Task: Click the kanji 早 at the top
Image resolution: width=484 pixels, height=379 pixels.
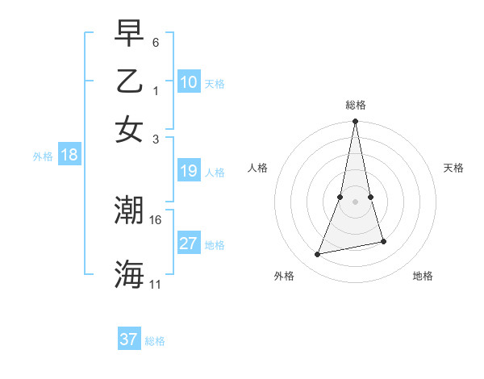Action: pos(130,34)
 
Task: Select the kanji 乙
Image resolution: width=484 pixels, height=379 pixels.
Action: pos(130,81)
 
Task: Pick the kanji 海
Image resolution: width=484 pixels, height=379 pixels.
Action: pos(130,274)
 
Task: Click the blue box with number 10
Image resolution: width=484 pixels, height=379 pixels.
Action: pos(189,82)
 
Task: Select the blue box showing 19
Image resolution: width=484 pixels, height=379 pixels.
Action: pos(189,171)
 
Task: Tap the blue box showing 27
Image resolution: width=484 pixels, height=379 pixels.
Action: pos(189,244)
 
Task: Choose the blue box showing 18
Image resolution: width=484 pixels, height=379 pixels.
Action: pos(69,155)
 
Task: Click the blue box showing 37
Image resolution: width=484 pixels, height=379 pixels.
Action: pos(129,339)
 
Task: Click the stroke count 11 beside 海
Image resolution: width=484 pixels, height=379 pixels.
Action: pos(156,284)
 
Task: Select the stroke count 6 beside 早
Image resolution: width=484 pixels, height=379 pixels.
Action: pos(156,42)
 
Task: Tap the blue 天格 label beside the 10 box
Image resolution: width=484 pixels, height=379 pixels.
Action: pos(215,84)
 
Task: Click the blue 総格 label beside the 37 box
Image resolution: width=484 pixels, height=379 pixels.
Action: pos(155,341)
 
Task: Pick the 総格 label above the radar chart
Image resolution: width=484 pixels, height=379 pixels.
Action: pos(356,105)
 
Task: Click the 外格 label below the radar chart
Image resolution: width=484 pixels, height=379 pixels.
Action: pos(283,277)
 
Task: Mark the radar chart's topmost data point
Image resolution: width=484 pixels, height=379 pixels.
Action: pos(356,122)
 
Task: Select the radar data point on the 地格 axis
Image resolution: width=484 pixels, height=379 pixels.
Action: pos(384,241)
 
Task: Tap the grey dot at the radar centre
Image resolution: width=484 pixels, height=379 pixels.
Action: pos(356,201)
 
